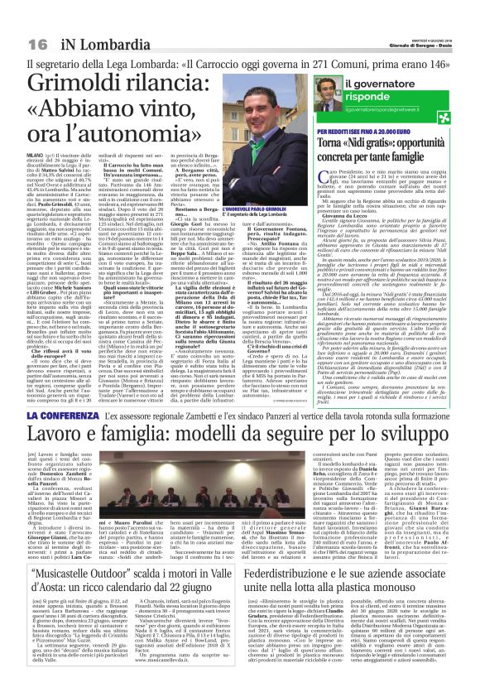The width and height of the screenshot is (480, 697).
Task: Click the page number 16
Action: (x=37, y=43)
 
